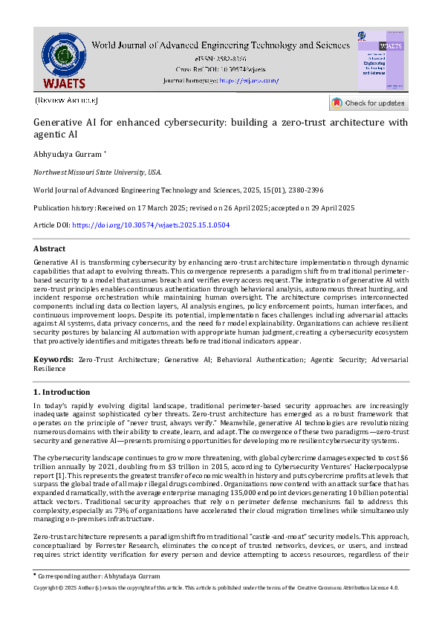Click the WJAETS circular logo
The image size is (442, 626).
pos(63,57)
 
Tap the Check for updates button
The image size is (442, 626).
pos(368,103)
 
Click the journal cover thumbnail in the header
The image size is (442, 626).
pos(381,61)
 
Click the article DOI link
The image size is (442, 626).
pos(151,225)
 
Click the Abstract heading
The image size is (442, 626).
pos(50,249)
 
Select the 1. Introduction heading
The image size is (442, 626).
pos(62,391)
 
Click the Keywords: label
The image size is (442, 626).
pos(53,359)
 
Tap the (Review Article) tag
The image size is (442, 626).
pos(66,100)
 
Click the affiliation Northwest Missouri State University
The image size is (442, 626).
pos(97,172)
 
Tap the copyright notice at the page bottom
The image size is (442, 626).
pos(216,587)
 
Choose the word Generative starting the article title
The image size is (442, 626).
pos(58,123)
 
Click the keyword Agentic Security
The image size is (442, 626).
pos(337,359)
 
